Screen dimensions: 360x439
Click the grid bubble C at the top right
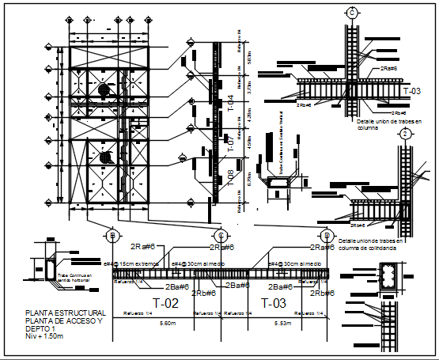tap(350, 12)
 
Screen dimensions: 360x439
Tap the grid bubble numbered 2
tap(404, 134)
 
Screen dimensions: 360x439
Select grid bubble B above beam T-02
tap(114, 236)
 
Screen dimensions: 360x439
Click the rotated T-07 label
tap(231, 143)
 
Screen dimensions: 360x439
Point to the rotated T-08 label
tap(231, 176)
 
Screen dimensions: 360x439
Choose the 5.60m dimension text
tap(168, 324)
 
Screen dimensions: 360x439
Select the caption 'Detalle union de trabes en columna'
tap(390, 124)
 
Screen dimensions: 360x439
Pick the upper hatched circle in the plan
tap(104, 91)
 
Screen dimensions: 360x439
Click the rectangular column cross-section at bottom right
tap(388, 277)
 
